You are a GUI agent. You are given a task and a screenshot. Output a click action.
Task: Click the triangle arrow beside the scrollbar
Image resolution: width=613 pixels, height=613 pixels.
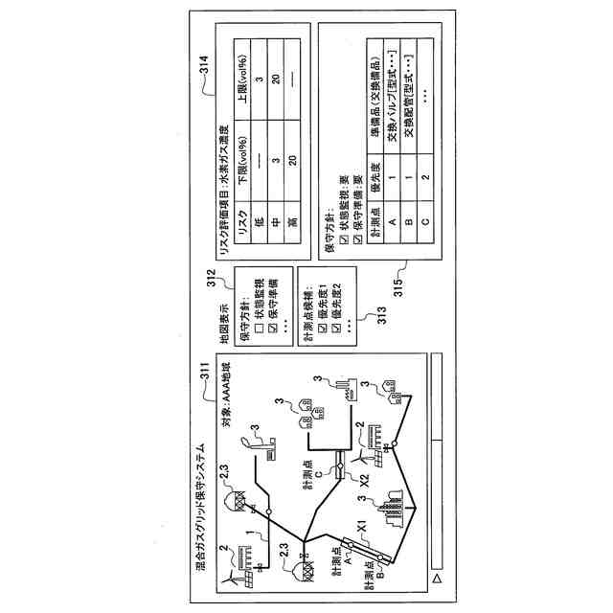[435, 579]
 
